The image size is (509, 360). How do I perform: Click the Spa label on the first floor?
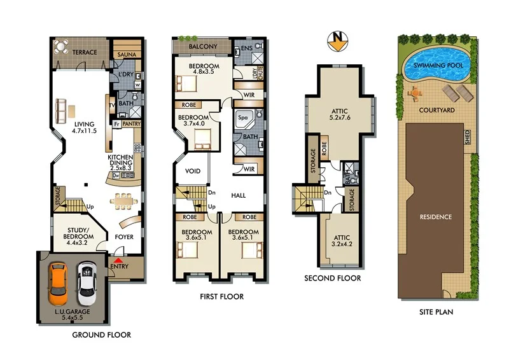[242, 118]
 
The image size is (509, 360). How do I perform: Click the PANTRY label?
[131, 124]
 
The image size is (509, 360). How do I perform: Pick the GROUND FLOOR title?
[102, 335]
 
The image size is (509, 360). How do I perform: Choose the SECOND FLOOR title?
[332, 278]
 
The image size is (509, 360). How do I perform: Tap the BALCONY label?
[203, 46]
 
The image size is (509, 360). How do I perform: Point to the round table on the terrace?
[61, 46]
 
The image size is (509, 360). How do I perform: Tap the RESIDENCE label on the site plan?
[435, 217]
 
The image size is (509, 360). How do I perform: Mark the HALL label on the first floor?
[239, 196]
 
